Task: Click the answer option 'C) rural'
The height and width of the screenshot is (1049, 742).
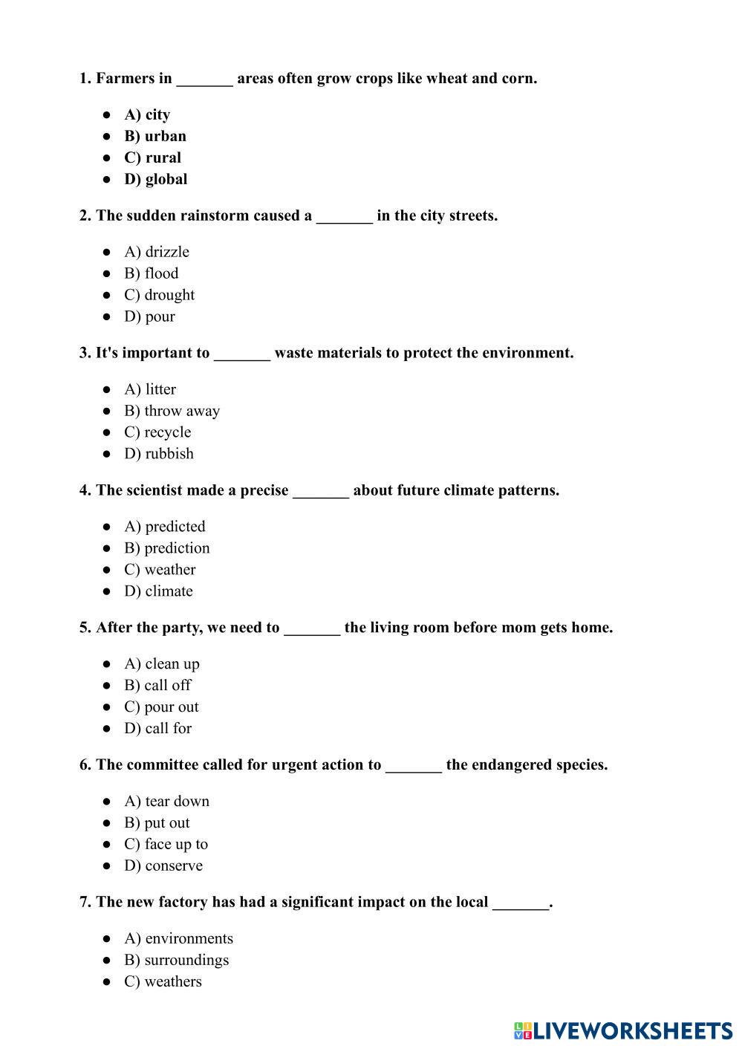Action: click(x=152, y=157)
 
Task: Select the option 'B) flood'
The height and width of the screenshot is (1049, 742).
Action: click(x=151, y=273)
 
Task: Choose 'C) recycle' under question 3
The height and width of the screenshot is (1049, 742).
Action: click(x=157, y=432)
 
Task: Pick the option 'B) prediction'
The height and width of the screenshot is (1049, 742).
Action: click(x=166, y=548)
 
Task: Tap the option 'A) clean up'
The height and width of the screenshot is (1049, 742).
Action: click(x=162, y=664)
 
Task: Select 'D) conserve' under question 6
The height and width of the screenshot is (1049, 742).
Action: click(x=163, y=865)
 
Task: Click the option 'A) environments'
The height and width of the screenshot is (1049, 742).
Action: click(x=178, y=939)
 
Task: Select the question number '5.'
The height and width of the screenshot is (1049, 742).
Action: click(x=85, y=628)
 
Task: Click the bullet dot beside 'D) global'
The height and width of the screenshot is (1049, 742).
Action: click(x=108, y=179)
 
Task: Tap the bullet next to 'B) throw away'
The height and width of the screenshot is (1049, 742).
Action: click(x=108, y=411)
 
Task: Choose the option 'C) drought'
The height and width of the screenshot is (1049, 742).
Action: click(x=159, y=295)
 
